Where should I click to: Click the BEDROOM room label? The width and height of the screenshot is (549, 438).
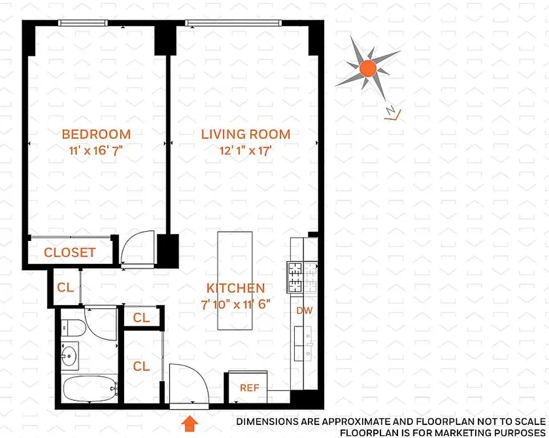tap(96, 134)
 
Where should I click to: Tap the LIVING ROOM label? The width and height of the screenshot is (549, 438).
tap(246, 134)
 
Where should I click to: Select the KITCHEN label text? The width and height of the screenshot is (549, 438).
tap(235, 288)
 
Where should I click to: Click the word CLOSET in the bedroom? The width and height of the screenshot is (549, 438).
tap(69, 252)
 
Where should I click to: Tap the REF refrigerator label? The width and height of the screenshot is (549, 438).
tap(249, 388)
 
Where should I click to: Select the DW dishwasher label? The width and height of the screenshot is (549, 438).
tap(304, 310)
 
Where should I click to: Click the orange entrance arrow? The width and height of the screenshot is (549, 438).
tap(189, 422)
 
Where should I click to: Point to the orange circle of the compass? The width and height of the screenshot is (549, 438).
tap(368, 68)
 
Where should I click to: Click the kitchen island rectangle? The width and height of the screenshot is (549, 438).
tap(235, 280)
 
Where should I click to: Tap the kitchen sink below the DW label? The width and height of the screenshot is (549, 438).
tap(302, 344)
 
